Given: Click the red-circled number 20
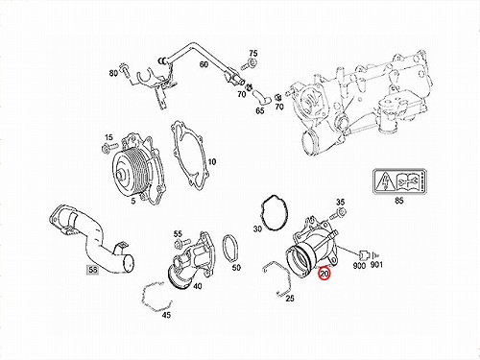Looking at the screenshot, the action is pos(324,274).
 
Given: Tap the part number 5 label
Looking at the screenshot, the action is pos(133,201).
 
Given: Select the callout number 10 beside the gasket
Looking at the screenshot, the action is pos(212,162).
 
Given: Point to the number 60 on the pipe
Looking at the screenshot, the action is pos(204,64).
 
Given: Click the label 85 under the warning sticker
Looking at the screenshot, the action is pos(399,201).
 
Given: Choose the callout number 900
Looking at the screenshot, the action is pos(359,265).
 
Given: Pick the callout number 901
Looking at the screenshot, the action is pos(376,265).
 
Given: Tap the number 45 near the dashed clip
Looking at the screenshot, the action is pos(166,315).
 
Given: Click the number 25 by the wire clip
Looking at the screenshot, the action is pos(290,299).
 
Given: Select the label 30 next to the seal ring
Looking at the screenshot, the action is pos(257,228).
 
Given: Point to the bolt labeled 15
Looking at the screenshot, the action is pos(109,148).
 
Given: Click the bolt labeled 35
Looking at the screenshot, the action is pos(338,213).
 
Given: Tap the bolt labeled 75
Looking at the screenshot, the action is pos(250,63).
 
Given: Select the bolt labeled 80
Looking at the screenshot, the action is pos(124,70).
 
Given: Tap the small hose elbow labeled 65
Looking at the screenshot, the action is pos(262,98).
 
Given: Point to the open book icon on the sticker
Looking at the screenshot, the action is pos(406,181).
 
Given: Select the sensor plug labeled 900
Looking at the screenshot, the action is pos(364,254).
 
